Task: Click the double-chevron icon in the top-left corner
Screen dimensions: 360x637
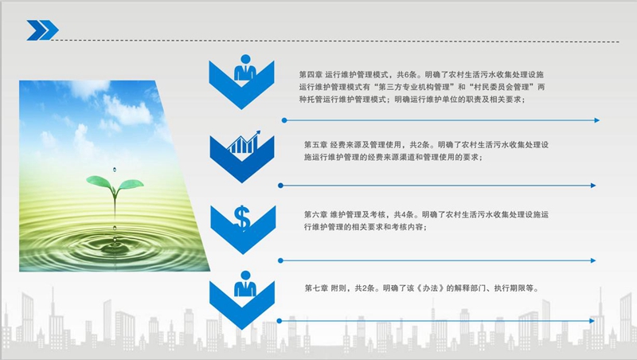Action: click(42, 30)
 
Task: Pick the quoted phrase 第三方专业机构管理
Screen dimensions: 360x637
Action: click(416, 87)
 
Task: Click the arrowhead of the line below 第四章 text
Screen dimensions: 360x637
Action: click(596, 120)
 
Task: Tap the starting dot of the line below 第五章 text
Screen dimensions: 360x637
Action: click(280, 186)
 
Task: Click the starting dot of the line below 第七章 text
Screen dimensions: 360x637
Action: click(279, 321)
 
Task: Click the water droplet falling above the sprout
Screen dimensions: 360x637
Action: click(113, 170)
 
